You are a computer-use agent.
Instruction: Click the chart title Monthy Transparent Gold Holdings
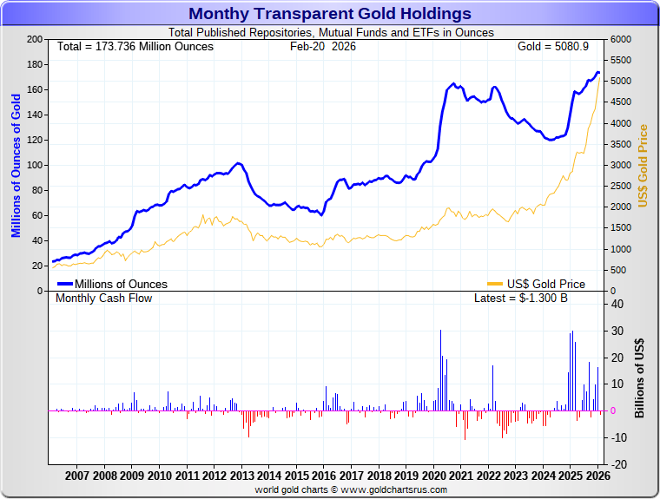click(x=330, y=14)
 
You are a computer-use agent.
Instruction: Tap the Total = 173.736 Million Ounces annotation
click(x=135, y=46)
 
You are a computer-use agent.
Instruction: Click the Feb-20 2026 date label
click(x=322, y=46)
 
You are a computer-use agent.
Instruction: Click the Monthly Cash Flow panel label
click(x=103, y=298)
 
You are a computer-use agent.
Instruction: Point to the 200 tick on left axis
click(x=36, y=40)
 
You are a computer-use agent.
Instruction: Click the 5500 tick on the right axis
click(x=620, y=61)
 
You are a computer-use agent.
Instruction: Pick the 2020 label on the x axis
click(x=433, y=476)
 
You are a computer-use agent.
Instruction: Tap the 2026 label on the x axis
click(x=597, y=476)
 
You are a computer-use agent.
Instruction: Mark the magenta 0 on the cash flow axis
click(x=614, y=410)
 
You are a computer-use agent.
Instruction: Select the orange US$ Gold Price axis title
click(x=643, y=165)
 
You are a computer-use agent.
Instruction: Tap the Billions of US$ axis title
click(x=639, y=378)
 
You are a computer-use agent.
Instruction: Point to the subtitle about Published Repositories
click(x=330, y=33)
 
